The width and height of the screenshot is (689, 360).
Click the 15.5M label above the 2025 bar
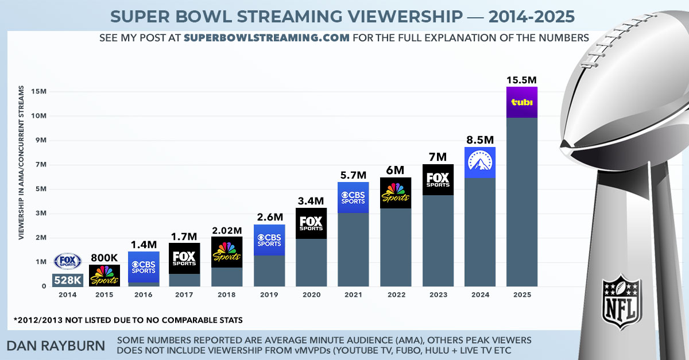point(522,80)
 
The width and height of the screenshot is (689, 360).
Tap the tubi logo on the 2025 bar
point(522,102)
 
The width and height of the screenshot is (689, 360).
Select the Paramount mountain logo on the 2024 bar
point(479,162)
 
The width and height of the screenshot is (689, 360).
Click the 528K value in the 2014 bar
point(67,280)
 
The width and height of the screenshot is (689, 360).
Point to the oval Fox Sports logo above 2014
point(67,261)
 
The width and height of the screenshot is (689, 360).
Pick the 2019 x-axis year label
point(269,295)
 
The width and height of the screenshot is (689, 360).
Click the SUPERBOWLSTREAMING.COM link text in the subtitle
point(267,38)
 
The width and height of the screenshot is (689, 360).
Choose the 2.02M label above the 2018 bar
point(227,230)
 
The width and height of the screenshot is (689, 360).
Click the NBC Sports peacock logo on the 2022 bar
point(396,193)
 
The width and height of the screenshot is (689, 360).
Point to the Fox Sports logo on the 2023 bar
point(438,180)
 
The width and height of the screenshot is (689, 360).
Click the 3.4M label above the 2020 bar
point(311,201)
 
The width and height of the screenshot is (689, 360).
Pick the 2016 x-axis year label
point(142,295)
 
